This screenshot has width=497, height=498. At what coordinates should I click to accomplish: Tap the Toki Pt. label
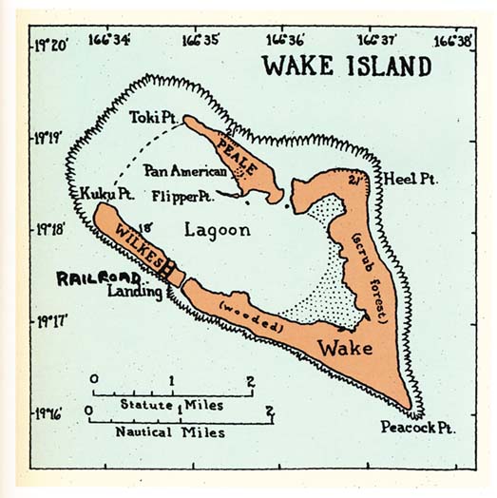pos(148,117)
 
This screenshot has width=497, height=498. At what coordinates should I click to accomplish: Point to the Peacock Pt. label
pos(417,429)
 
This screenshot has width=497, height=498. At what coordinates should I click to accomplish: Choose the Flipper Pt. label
pos(181,196)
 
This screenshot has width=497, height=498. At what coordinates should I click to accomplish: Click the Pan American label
pos(185,172)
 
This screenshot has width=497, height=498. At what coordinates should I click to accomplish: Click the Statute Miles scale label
pos(171,405)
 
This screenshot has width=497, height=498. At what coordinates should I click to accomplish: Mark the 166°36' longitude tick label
pos(286,39)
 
